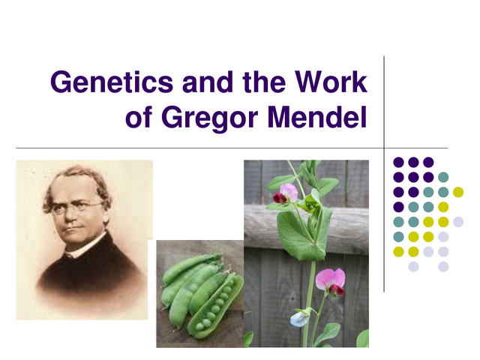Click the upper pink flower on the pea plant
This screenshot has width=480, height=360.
pyautogui.click(x=286, y=193)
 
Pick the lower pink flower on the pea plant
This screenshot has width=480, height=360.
pyautogui.click(x=331, y=280)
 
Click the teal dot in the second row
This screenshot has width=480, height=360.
pyautogui.click(x=443, y=177)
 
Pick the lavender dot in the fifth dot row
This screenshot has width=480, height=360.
pyautogui.click(x=443, y=237)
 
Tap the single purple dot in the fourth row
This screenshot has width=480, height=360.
pyautogui.click(x=398, y=207)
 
